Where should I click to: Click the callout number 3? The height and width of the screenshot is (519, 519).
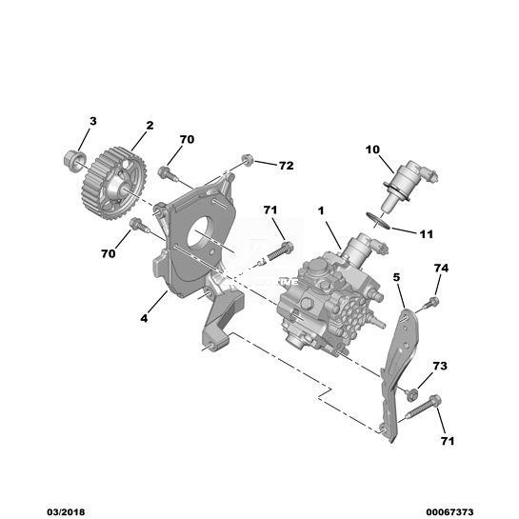coord(93,121)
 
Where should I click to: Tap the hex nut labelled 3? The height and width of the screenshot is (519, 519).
coord(74,161)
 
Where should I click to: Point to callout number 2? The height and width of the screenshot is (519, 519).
coord(150,126)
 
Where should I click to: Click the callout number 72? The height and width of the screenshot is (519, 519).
coord(287,165)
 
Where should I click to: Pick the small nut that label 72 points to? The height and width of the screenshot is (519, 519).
coord(248,160)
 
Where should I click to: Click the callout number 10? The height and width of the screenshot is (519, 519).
coord(372,150)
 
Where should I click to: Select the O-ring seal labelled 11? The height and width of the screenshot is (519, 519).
coord(378,220)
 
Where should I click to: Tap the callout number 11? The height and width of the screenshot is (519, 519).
coord(426,234)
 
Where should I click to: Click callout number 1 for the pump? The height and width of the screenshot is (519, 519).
coord(321,210)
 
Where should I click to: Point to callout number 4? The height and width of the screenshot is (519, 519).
coord(144,318)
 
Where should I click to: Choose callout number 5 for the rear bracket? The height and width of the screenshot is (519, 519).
coord(396,277)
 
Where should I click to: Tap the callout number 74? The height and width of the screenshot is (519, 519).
coord(441,269)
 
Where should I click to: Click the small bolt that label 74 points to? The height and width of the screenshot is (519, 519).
coord(431,303)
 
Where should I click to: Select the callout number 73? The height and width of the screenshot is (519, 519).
coord(440,366)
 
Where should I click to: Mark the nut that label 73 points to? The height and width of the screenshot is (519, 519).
coord(411,394)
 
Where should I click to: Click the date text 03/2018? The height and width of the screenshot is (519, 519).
coord(66,512)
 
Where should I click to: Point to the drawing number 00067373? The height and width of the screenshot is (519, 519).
coord(449,512)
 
